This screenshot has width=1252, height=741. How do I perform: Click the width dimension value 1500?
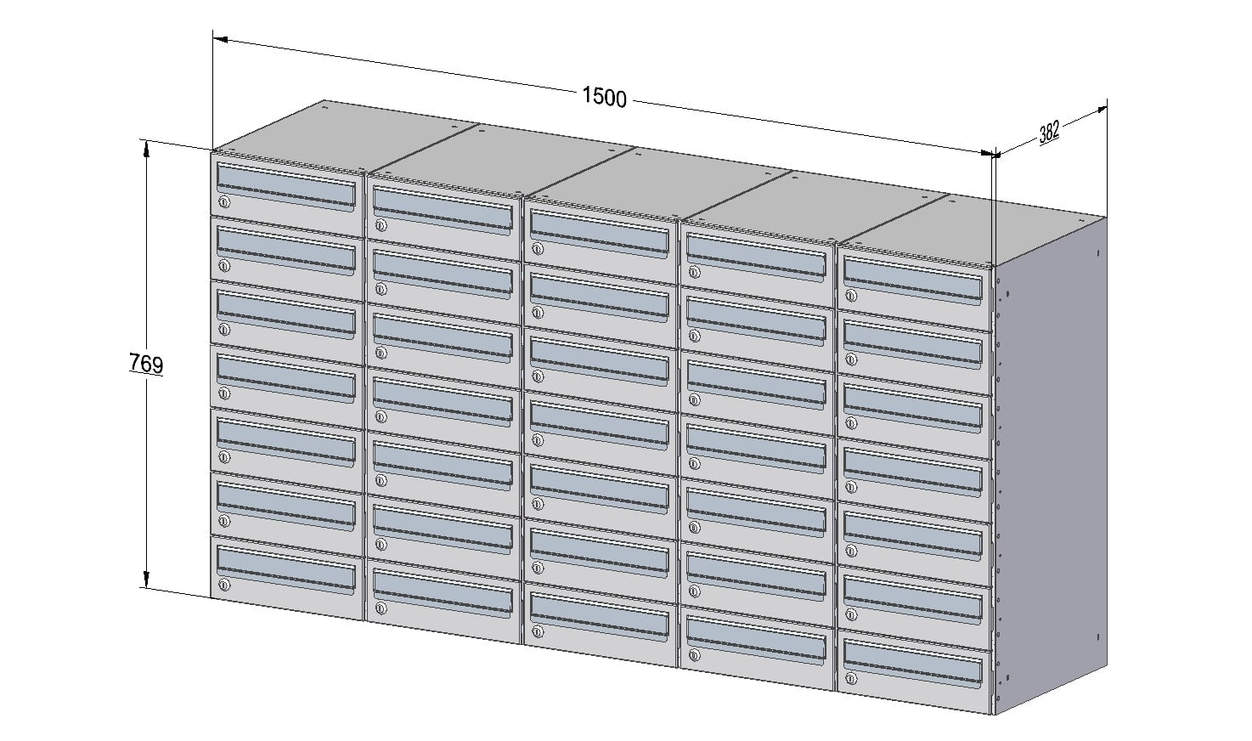[604, 98]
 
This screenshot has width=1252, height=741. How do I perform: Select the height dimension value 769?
[146, 364]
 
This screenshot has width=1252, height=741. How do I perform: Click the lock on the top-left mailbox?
[224, 202]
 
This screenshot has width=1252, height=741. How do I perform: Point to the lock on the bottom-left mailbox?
[224, 585]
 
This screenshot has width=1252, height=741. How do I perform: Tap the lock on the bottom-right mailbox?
[851, 679]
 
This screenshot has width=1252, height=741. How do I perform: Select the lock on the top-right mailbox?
[851, 295]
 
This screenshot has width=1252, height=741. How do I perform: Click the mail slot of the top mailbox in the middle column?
[599, 233]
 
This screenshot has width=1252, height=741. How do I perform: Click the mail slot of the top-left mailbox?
[286, 185]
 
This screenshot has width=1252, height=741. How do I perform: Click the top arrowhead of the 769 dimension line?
[147, 148]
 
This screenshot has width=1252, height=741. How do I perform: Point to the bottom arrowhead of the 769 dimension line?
[147, 580]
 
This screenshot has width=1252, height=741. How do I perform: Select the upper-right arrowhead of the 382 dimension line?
[1100, 110]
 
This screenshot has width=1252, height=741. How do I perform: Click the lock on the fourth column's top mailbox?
[694, 273]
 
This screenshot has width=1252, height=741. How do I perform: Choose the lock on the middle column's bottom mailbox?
[538, 632]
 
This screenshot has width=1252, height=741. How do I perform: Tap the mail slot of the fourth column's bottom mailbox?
[756, 640]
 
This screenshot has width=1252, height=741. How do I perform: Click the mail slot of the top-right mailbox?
[913, 280]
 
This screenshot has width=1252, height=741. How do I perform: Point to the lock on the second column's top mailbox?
[381, 225]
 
